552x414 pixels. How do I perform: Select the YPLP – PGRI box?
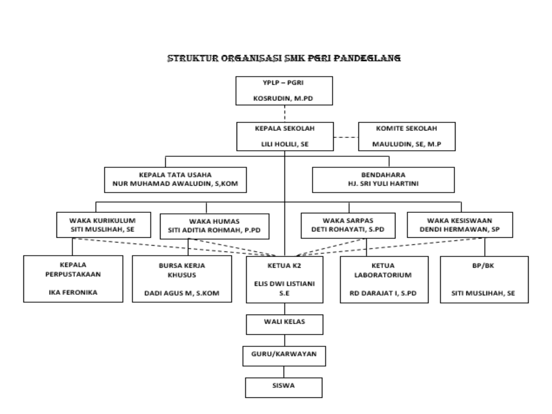(284, 91)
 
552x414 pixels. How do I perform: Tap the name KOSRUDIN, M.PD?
(283, 98)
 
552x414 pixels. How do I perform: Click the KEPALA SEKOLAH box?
(285, 136)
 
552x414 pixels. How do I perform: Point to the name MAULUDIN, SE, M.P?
(406, 144)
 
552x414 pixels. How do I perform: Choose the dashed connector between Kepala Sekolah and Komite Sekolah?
(346, 137)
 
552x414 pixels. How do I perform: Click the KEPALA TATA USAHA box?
(175, 180)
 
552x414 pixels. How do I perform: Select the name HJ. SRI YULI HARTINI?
(383, 184)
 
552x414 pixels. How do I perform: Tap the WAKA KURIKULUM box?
(103, 225)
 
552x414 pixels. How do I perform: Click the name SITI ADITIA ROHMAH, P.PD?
(214, 230)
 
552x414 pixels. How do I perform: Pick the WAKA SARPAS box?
(348, 225)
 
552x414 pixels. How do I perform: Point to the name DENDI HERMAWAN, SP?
(460, 229)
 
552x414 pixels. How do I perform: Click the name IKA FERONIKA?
(73, 292)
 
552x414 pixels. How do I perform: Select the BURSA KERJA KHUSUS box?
(182, 279)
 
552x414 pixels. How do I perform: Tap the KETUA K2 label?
(284, 266)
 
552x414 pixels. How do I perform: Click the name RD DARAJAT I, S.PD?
(383, 293)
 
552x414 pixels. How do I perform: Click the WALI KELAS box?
(285, 324)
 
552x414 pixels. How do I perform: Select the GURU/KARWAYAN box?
(284, 356)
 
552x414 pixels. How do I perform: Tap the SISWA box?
(284, 387)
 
